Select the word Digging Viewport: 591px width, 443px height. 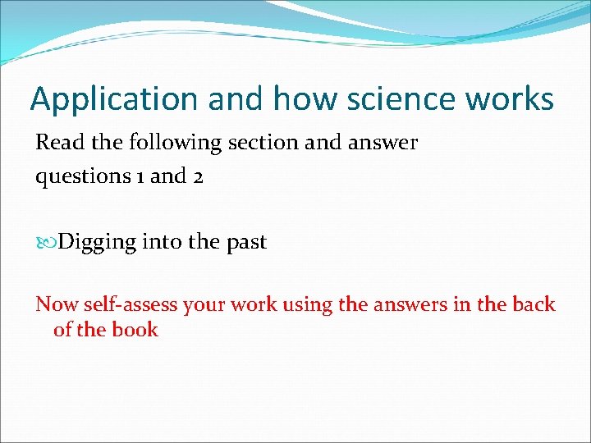[x=98, y=243]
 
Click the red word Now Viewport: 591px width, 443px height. [x=55, y=304]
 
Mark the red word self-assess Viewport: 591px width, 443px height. [x=130, y=304]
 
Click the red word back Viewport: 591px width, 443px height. [x=534, y=304]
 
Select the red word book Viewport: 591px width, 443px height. [x=137, y=330]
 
